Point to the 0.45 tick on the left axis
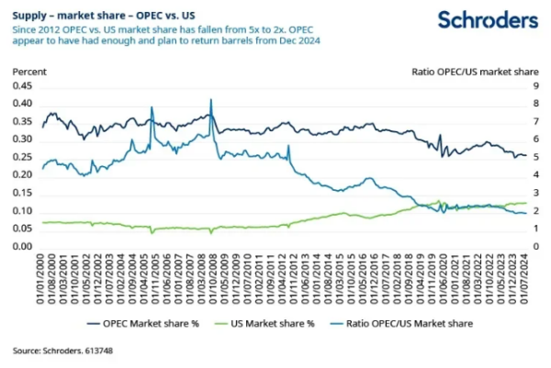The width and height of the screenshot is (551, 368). point(21,85)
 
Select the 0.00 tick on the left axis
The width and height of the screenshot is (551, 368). point(21,246)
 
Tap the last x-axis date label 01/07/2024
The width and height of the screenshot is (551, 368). point(523,275)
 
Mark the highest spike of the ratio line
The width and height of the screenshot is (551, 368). point(211,100)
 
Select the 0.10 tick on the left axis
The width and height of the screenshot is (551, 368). point(21,210)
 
